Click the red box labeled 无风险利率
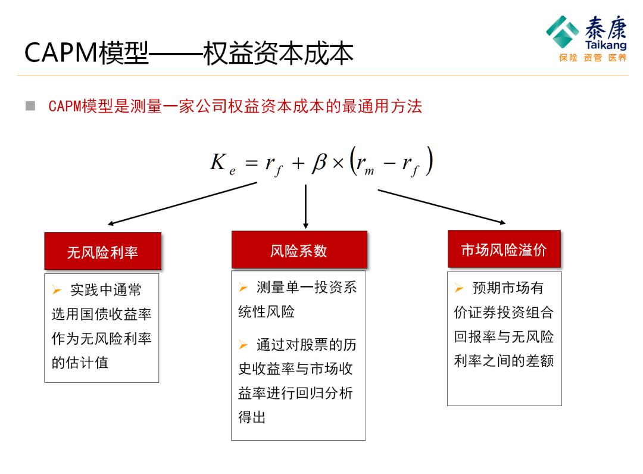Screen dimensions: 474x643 pos(102,251)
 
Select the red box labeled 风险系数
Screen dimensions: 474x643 pos(299,250)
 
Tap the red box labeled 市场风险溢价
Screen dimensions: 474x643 pos(504,249)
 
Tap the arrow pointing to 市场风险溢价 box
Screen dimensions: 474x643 pos(442,207)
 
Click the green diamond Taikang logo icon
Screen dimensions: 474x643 pos(562,31)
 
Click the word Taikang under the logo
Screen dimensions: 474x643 pos(605,46)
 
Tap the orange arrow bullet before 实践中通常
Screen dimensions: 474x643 pos(57,291)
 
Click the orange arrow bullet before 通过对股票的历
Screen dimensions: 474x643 pos(243,345)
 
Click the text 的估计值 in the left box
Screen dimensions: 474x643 pos(80,362)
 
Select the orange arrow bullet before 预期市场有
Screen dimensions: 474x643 pos(459,288)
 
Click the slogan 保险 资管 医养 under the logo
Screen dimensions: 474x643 pos(592,58)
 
